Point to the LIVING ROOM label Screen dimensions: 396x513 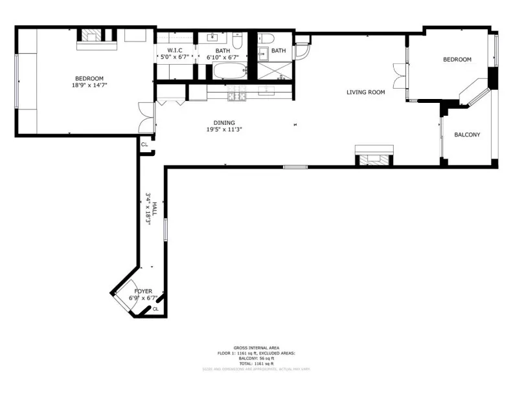pyautogui.click(x=365, y=93)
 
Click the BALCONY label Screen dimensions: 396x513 pyautogui.click(x=467, y=135)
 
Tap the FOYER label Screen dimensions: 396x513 pyautogui.click(x=143, y=291)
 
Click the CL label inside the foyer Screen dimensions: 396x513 pyautogui.click(x=155, y=309)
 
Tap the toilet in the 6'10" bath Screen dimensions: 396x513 pyautogui.click(x=237, y=43)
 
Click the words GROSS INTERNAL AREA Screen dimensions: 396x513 pyautogui.click(x=256, y=347)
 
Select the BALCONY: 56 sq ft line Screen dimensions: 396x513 pyautogui.click(x=256, y=358)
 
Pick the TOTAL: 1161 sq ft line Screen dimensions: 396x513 pyautogui.click(x=256, y=363)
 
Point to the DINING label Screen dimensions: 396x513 pyautogui.click(x=224, y=122)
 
